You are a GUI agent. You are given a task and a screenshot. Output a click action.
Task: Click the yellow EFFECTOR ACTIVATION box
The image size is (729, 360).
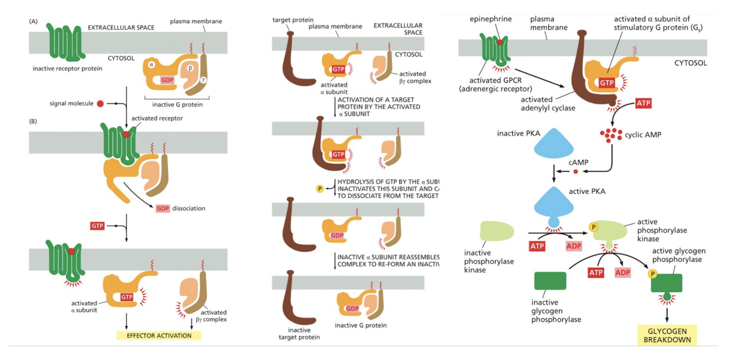click(x=159, y=336)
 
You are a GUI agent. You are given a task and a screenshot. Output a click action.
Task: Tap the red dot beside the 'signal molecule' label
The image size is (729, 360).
click(x=100, y=104)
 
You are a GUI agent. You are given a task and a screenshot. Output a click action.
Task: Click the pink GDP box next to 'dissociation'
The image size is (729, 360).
click(x=163, y=209)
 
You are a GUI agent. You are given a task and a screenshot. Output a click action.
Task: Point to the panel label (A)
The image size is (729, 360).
click(x=34, y=21)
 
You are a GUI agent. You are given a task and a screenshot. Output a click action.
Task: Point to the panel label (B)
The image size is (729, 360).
click(x=34, y=122)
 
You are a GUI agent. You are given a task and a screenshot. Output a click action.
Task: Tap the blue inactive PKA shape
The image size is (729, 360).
click(x=555, y=144)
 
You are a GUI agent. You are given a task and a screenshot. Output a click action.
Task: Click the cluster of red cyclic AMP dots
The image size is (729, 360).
click(x=611, y=135)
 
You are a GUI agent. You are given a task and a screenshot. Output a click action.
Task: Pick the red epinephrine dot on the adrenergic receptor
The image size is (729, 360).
click(x=500, y=43)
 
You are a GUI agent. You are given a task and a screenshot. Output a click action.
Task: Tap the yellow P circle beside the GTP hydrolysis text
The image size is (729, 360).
click(x=320, y=189)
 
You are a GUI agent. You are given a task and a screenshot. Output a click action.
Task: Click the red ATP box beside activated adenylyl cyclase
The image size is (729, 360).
click(x=643, y=104)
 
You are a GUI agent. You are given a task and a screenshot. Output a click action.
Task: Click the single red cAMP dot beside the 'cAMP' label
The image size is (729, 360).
click(x=576, y=171)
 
